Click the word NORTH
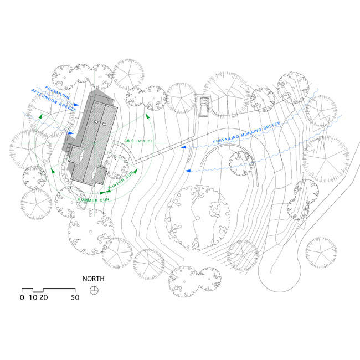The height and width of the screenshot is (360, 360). tap(93, 279)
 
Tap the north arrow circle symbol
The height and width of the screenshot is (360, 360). tap(94, 290)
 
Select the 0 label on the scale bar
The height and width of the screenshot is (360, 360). tap(22, 297)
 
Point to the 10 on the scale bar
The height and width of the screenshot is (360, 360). tap(33, 297)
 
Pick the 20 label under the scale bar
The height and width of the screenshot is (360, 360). tap(44, 297)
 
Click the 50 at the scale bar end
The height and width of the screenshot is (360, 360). tap(75, 297)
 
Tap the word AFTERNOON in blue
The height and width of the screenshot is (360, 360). tap(44, 97)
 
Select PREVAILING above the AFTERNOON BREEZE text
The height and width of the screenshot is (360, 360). tap(57, 92)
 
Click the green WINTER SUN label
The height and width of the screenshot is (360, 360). tap(121, 180)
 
